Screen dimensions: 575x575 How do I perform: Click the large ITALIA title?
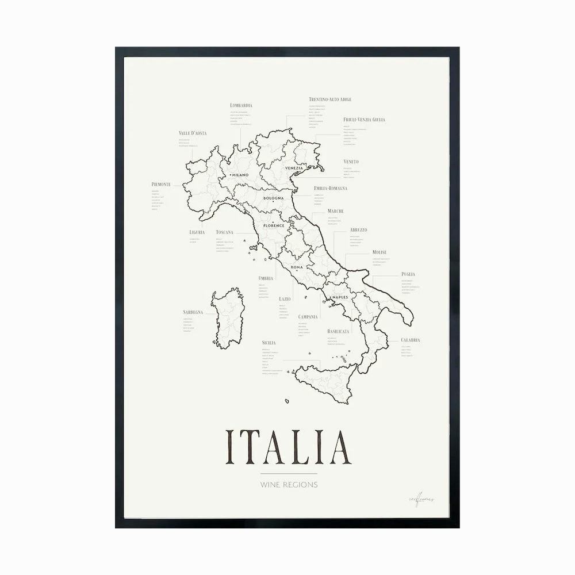coord(288,447)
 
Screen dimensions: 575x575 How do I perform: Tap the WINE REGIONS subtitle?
coord(288,485)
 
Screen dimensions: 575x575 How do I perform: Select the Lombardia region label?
coord(241,106)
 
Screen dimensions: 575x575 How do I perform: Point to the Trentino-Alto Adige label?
coord(330,99)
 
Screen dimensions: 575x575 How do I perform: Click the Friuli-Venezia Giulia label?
coord(364,120)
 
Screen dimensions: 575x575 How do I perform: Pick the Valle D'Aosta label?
coord(193,133)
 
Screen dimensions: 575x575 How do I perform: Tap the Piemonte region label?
coord(161,184)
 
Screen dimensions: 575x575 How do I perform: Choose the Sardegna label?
coord(193,312)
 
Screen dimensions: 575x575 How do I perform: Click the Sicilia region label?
coord(269,343)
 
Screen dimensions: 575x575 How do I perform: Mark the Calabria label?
coord(411,340)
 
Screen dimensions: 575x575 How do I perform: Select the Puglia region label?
coord(408,274)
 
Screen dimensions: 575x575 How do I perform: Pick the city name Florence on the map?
coord(274,226)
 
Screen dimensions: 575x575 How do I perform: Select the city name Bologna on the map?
coord(274,198)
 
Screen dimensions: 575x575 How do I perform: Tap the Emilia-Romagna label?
coord(331,188)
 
